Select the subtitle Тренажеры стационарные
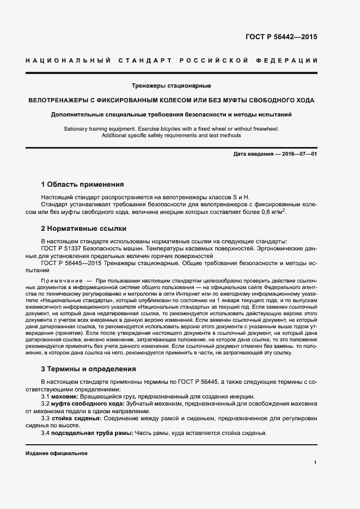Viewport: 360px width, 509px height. [x=172, y=86]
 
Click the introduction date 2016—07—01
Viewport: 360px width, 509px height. [x=298, y=155]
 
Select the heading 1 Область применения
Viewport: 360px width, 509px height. [x=83, y=185]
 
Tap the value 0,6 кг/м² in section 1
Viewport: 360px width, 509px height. [x=274, y=212]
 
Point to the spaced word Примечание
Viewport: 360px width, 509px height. [x=62, y=280]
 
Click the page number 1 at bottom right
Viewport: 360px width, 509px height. [x=315, y=462]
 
